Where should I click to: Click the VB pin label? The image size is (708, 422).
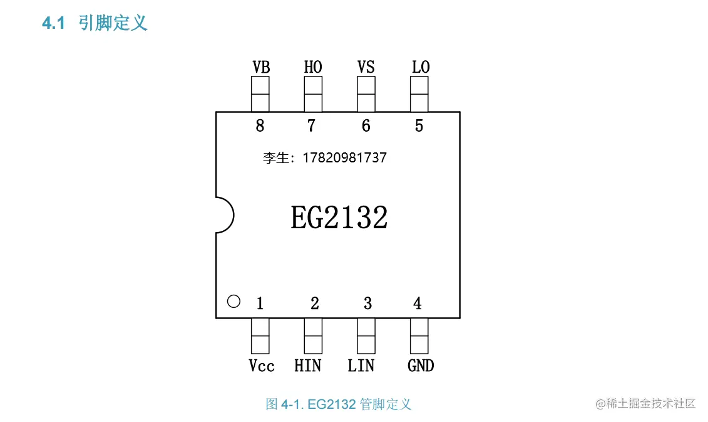click(261, 67)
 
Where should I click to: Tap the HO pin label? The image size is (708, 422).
click(313, 67)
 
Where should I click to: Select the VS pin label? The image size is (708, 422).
click(366, 67)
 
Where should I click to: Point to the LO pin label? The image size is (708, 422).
click(421, 67)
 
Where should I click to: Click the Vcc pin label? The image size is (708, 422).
click(261, 366)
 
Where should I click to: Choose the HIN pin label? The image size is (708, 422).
click(308, 366)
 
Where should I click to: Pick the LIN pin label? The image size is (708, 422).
click(361, 366)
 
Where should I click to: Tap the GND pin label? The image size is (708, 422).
click(421, 366)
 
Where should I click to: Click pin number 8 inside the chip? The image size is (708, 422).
click(260, 126)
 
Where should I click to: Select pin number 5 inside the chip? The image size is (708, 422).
click(419, 126)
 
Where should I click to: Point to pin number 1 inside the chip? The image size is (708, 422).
click(260, 304)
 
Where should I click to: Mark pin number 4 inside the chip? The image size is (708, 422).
click(418, 304)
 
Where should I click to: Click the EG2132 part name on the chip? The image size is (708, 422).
click(339, 218)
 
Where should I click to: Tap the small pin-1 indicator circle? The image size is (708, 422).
click(233, 302)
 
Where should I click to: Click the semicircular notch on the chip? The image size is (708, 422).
click(225, 215)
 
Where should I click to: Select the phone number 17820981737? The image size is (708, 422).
click(344, 158)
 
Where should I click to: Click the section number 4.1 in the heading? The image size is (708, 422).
click(53, 24)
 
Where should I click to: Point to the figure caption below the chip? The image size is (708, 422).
click(339, 404)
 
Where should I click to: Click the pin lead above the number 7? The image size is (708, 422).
click(313, 94)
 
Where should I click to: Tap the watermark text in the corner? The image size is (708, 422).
click(645, 403)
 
